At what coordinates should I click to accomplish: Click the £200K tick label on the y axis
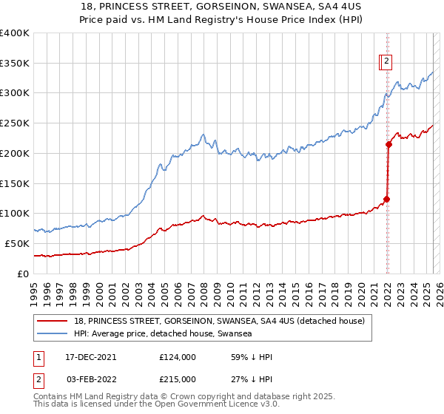(15, 153)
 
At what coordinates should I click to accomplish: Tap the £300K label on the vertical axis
(15, 93)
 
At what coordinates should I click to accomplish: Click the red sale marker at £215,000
(388, 144)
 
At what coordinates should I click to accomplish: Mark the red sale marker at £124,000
(386, 199)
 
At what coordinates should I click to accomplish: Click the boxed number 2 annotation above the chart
(387, 63)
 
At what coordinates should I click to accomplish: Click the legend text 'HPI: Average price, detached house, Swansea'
(163, 334)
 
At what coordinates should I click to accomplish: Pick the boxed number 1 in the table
(37, 357)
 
